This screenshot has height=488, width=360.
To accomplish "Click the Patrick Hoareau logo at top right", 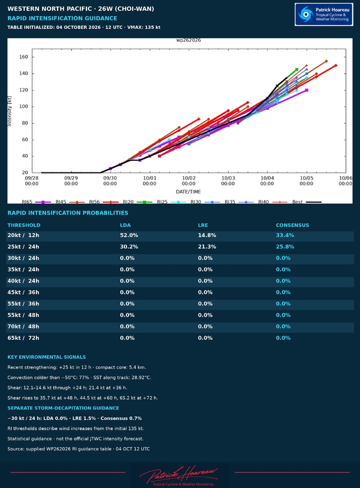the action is click(323, 14).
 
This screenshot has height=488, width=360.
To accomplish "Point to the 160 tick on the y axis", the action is click(24, 57).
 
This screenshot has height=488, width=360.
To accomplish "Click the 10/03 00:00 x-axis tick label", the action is click(228, 181).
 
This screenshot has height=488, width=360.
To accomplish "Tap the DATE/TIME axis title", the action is click(188, 191).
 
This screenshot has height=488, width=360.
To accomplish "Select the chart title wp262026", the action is click(188, 40).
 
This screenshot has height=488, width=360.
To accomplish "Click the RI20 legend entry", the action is click(137, 202).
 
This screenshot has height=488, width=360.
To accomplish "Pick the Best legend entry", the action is click(307, 202).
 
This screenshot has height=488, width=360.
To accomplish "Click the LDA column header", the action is click(125, 225).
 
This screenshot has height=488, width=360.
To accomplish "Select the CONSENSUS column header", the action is click(292, 225).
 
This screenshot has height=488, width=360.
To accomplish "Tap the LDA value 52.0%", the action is click(129, 235).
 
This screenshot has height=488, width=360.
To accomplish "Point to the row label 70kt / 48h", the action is click(23, 326).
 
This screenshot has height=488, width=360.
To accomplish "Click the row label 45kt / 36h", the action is click(23, 292).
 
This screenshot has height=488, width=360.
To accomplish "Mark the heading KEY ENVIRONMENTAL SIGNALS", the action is click(47, 357).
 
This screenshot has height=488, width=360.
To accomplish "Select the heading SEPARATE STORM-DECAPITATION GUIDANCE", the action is click(63, 408).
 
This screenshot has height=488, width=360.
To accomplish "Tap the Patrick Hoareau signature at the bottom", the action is click(179, 476).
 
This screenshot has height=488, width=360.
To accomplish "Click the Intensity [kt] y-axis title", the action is click(9, 111).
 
